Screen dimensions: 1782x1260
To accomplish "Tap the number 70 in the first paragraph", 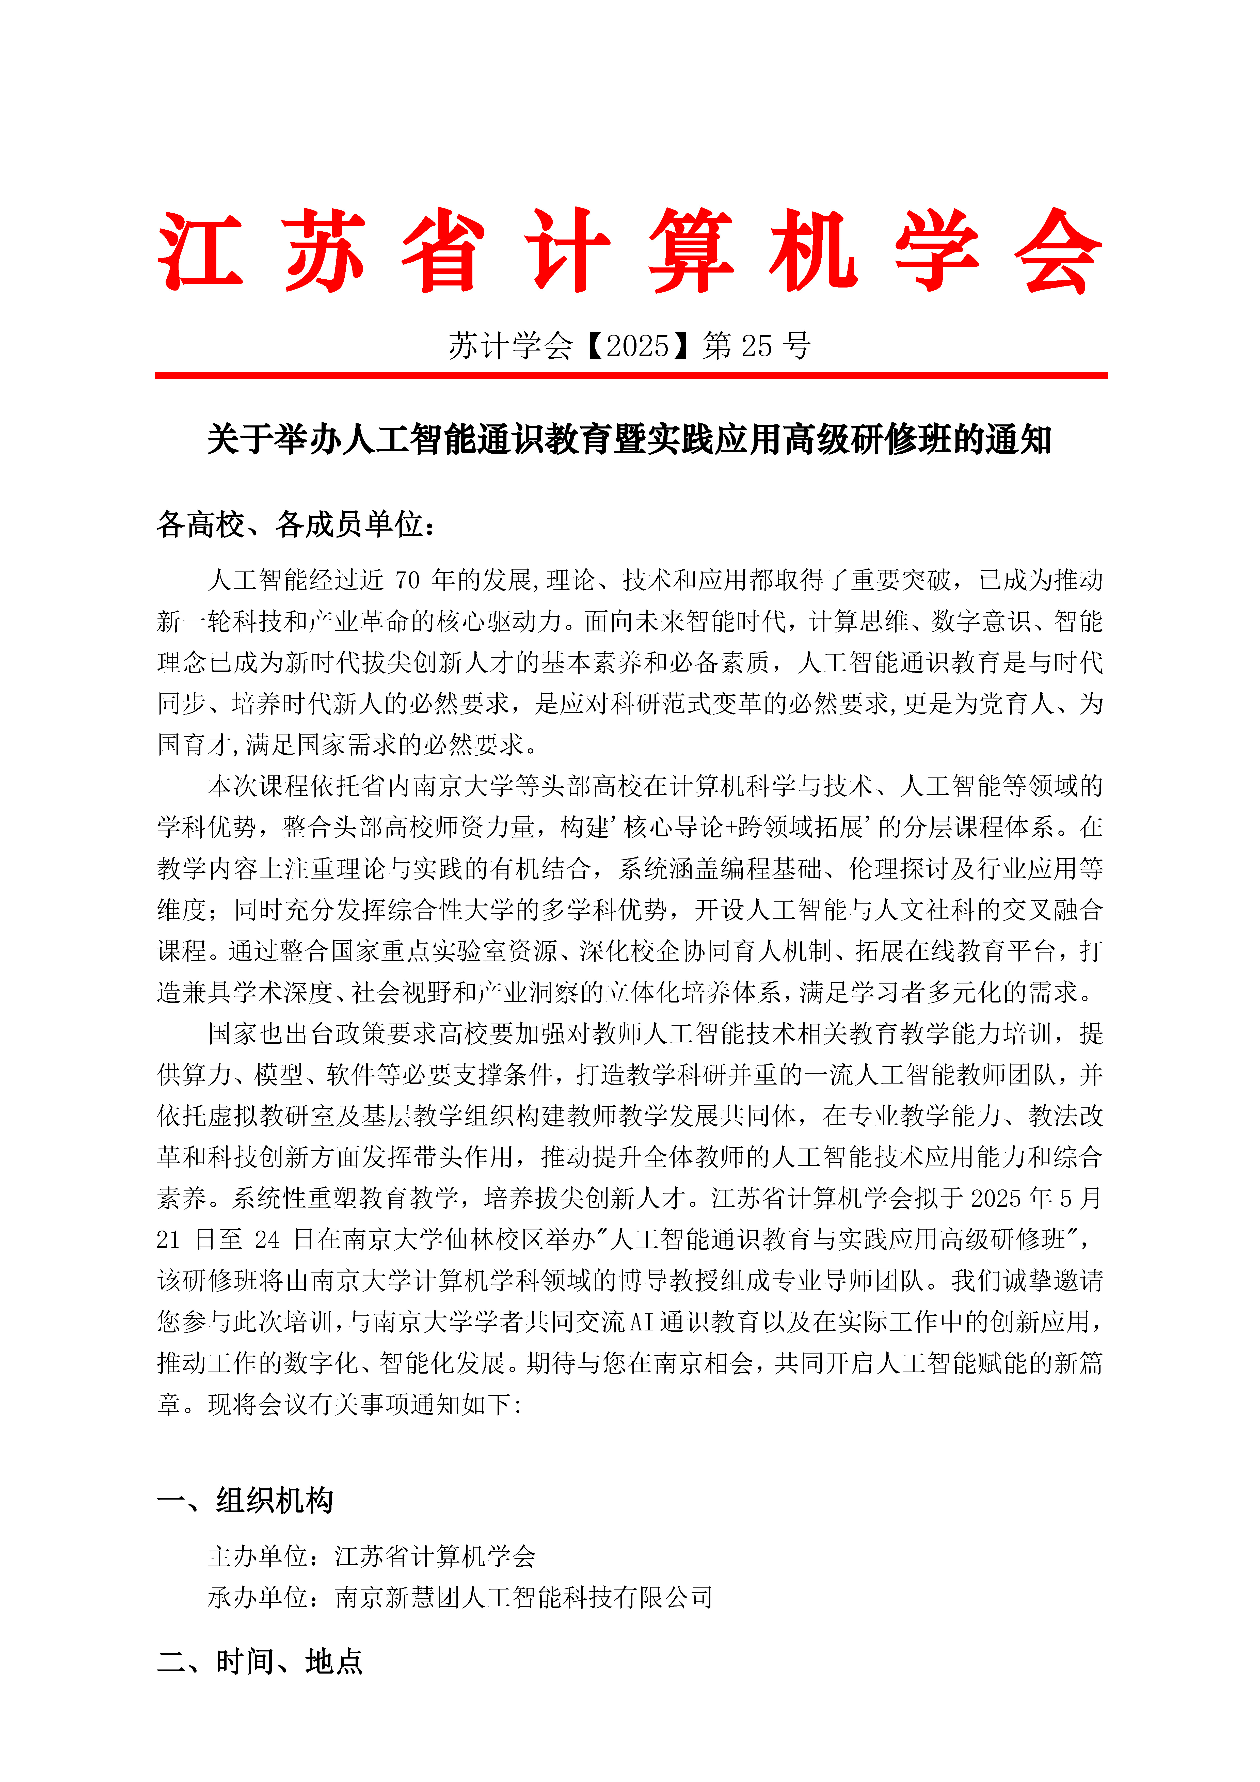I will [x=408, y=581].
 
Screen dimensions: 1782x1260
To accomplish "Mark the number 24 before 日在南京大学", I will [x=266, y=1239].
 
